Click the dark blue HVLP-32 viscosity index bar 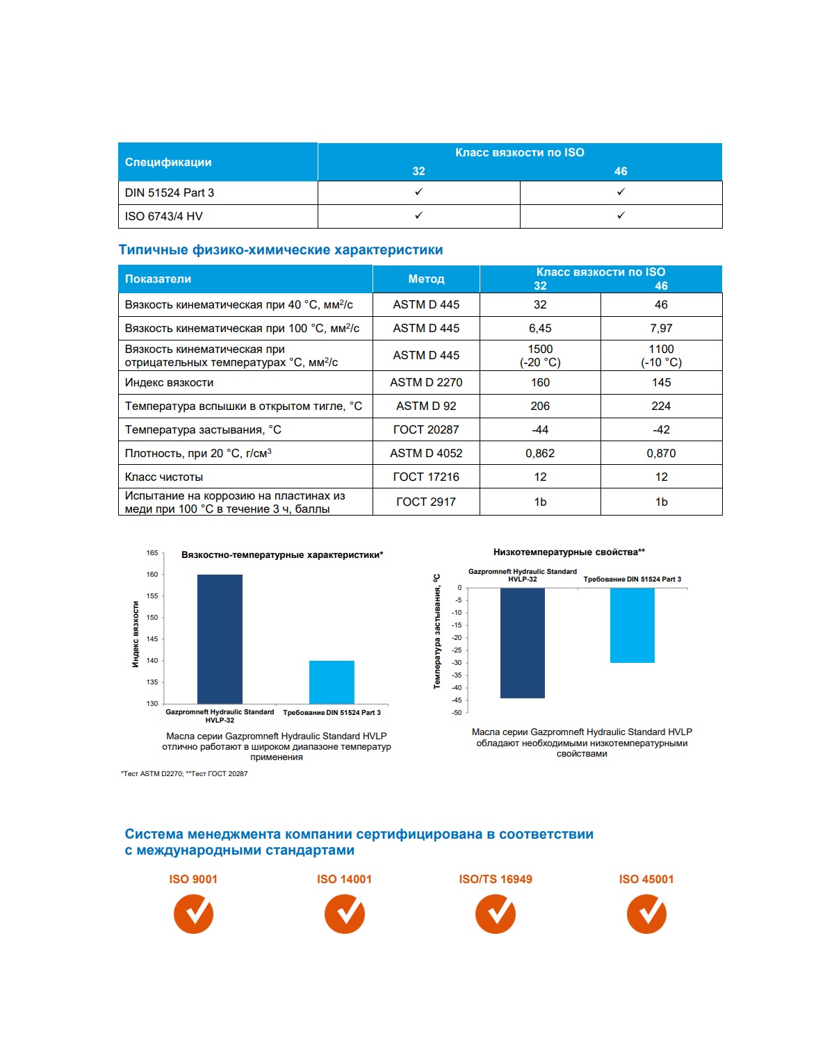tap(220, 639)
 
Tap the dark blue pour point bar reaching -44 tap(522, 643)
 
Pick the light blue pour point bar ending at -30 tap(632, 625)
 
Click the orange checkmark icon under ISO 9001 tap(193, 914)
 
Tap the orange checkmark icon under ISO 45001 tap(646, 914)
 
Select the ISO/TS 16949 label tap(496, 879)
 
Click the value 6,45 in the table tap(540, 328)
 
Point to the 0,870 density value tap(661, 453)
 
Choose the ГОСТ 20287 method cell tap(426, 429)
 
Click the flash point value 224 tap(661, 406)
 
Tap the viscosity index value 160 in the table tap(540, 382)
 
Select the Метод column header tap(426, 279)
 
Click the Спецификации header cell tap(168, 162)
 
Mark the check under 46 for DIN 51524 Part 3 tap(621, 192)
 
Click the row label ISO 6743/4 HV tap(164, 216)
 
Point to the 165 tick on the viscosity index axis tap(152, 553)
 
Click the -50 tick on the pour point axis tap(457, 713)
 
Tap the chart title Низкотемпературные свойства tap(569, 552)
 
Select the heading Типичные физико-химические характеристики tap(281, 250)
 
